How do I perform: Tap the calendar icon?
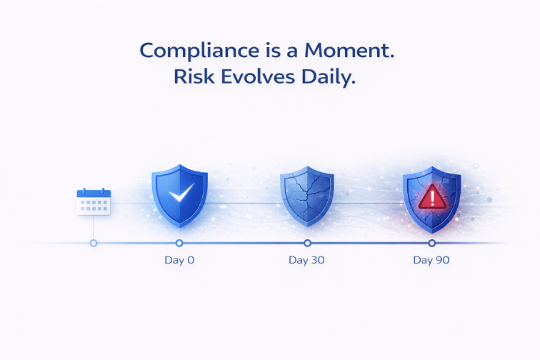pos(94,201)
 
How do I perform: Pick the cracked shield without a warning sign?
pos(306,197)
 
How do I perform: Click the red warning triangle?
pos(431,196)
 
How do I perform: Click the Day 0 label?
pos(179,260)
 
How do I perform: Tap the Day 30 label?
pos(306,260)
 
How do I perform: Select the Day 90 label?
pos(431,260)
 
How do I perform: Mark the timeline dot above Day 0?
pos(179,243)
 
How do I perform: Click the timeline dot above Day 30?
pos(307,243)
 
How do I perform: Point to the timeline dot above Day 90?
pos(431,243)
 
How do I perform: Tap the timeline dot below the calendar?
pos(94,243)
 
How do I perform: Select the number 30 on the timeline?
pos(316,260)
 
